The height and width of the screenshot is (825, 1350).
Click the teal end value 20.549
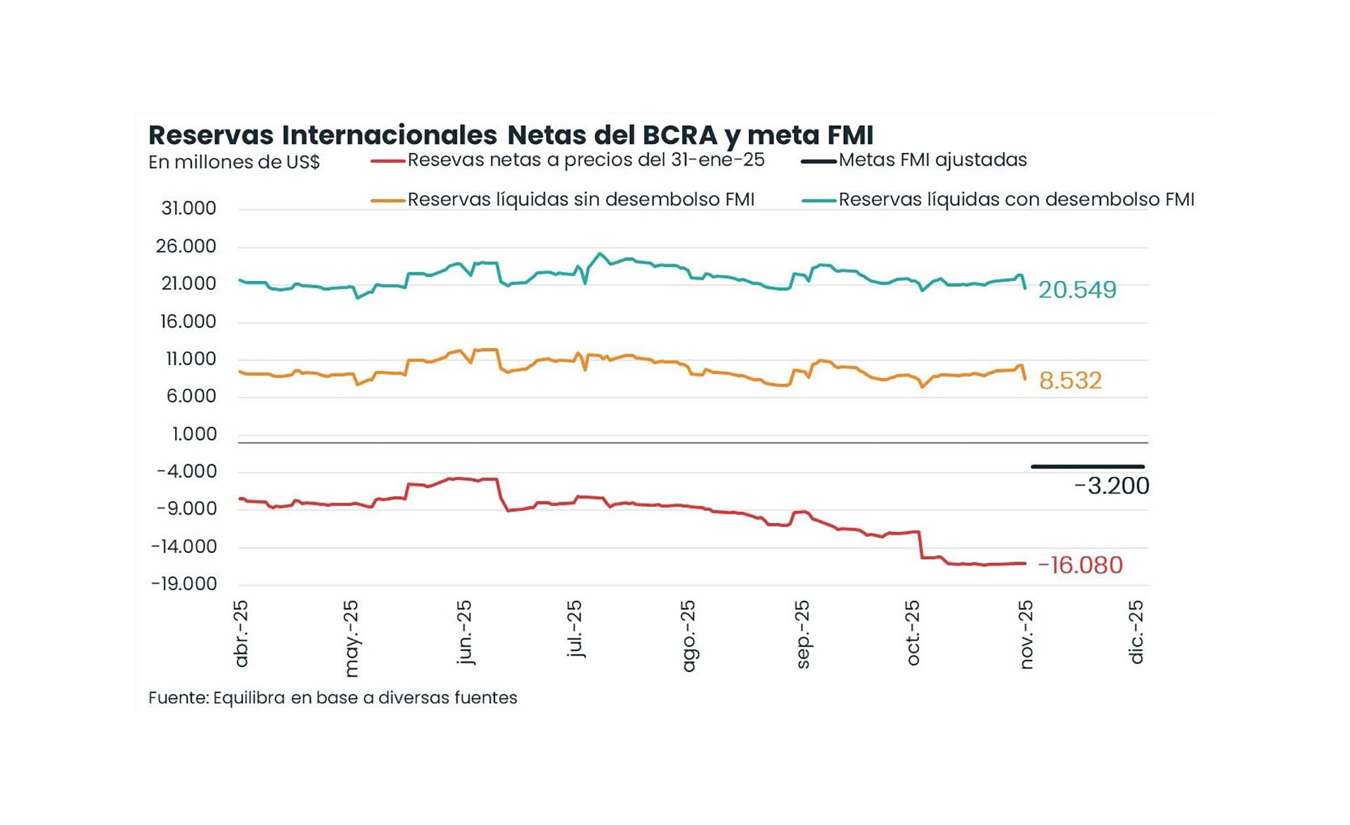(1076, 290)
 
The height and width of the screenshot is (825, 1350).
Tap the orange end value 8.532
(1069, 380)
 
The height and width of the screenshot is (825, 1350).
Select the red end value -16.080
(1080, 565)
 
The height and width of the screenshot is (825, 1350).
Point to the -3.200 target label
(1111, 486)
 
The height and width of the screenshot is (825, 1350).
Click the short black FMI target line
(1087, 467)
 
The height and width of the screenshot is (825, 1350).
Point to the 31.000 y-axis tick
(188, 209)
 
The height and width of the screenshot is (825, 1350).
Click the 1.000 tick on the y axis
(194, 434)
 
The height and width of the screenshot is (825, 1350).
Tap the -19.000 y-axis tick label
(184, 584)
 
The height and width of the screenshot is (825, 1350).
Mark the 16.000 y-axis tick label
(188, 322)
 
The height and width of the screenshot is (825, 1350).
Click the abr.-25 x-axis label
(241, 633)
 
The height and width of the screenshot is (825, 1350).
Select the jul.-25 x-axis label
(574, 628)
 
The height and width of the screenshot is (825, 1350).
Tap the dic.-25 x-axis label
(1136, 632)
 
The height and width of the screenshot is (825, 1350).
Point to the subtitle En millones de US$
(233, 162)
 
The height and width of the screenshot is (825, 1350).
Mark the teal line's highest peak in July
(599, 254)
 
